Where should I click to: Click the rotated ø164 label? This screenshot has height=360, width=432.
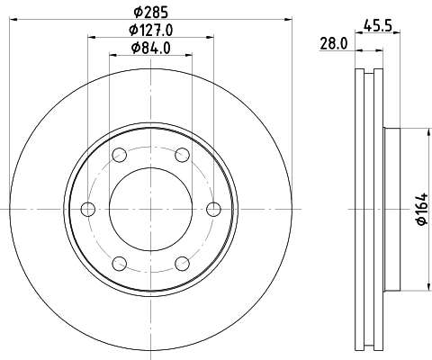(418, 210)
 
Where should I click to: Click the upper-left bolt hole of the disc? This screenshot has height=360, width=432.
(120, 155)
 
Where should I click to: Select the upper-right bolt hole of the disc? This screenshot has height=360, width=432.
(182, 155)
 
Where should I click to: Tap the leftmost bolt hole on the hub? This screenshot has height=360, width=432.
(88, 209)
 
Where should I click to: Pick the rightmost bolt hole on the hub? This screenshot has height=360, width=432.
(213, 209)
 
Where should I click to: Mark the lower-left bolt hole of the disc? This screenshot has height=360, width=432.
(120, 263)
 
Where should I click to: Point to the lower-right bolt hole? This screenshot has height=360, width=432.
(182, 263)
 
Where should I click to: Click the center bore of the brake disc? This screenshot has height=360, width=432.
(150, 209)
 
